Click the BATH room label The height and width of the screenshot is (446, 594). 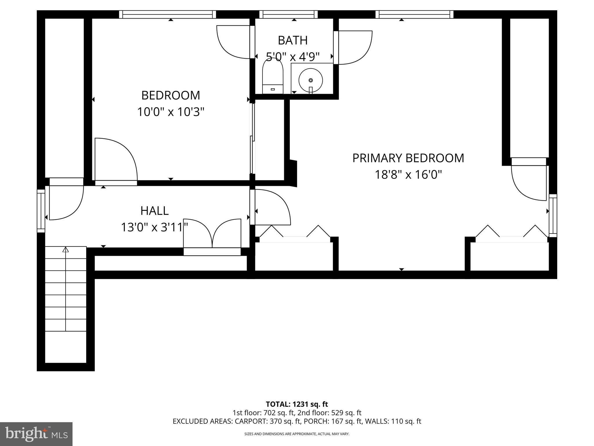coord(292,40)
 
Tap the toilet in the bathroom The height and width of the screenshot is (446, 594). coord(272,77)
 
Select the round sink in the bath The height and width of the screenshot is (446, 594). coord(311,80)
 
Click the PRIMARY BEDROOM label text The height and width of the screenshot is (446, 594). coord(408,158)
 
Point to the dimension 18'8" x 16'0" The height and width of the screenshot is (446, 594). coord(408,175)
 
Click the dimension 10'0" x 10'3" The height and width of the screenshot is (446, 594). coord(171,112)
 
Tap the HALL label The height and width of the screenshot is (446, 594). coord(154,211)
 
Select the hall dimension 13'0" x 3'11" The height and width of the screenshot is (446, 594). coord(154,227)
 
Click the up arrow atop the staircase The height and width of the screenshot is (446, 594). coord(66,249)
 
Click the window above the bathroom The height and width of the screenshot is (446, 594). coord(288,14)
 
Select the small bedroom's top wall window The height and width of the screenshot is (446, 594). coord(168,14)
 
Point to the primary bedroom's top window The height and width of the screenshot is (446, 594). coord(414,14)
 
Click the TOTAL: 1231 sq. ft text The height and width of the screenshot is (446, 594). coord(297,404)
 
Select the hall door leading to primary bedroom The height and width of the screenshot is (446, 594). coord(271,207)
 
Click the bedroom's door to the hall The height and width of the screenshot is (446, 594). coord(116,160)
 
